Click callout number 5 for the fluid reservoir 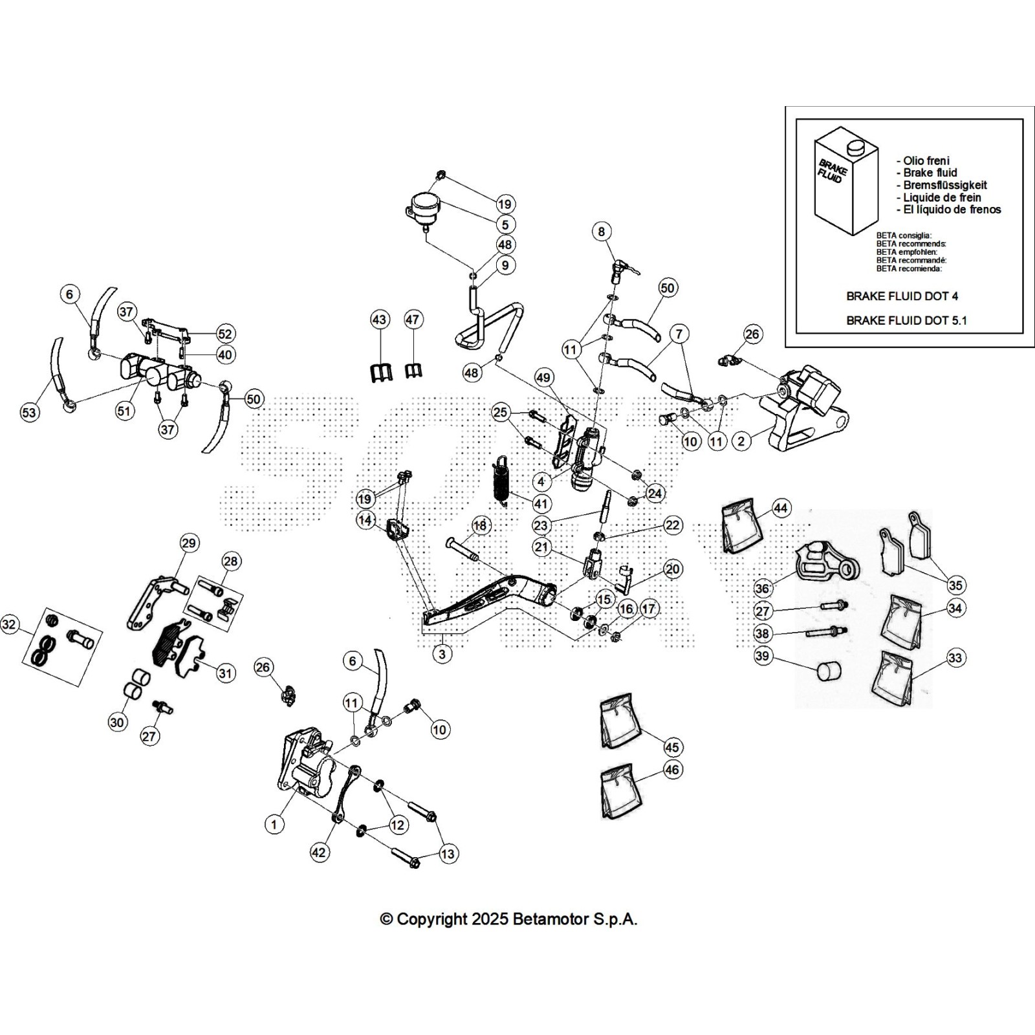click(x=505, y=224)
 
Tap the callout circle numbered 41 click(x=540, y=504)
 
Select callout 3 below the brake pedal click(x=442, y=654)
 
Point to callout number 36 click(x=763, y=588)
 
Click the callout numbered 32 click(x=9, y=625)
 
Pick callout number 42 click(x=319, y=853)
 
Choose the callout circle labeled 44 click(x=781, y=508)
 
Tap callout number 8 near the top click(x=602, y=232)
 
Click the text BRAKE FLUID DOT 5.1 click(x=906, y=320)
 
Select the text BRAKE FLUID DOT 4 click(x=902, y=296)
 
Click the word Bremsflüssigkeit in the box click(x=945, y=185)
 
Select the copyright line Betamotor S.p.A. click(x=508, y=919)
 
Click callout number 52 click(x=224, y=334)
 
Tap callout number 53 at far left click(x=30, y=413)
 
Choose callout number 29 click(x=189, y=543)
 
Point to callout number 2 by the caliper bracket click(x=741, y=441)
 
